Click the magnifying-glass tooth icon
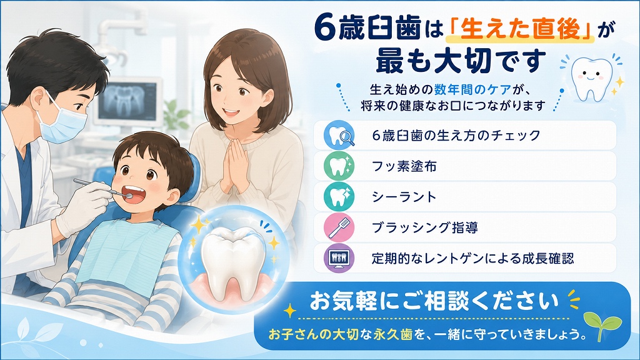click(339, 135)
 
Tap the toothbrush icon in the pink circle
click(339, 227)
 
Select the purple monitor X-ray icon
click(339, 258)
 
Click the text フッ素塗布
click(404, 166)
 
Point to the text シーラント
click(404, 197)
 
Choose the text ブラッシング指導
click(425, 227)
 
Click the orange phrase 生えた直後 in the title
click(521, 29)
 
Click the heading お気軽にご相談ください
click(434, 302)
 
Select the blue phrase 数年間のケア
click(472, 89)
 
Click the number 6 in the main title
click(325, 30)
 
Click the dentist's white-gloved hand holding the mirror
click(82, 208)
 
